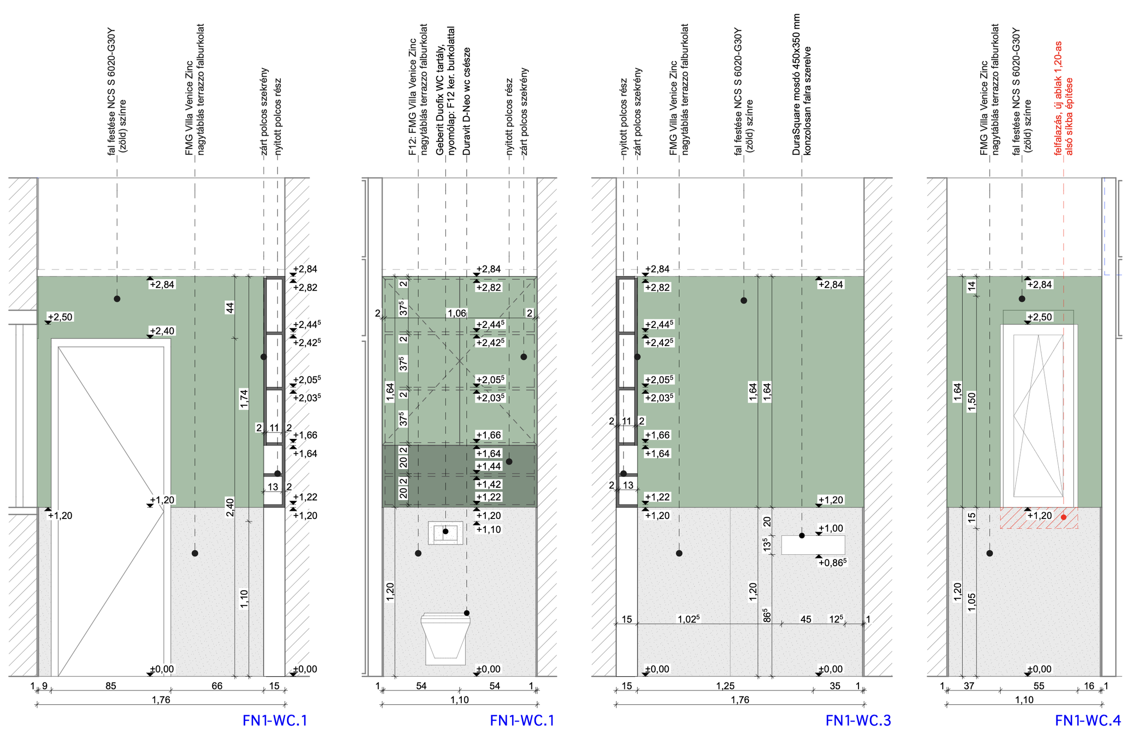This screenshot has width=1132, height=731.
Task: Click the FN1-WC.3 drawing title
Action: click(858, 720)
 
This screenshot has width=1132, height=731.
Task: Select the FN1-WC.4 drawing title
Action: click(1088, 720)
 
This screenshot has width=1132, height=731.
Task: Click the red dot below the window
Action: click(1063, 517)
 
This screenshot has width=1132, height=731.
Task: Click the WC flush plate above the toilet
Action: click(446, 533)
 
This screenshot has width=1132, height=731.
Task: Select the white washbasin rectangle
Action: click(813, 545)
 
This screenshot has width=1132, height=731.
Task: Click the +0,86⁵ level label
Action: click(832, 563)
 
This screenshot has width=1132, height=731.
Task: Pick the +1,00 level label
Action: click(831, 528)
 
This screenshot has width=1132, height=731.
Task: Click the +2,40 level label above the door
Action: click(162, 331)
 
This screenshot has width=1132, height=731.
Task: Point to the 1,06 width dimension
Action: click(457, 313)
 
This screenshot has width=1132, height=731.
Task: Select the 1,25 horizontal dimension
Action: click(725, 686)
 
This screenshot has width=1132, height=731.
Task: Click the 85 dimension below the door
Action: click(110, 686)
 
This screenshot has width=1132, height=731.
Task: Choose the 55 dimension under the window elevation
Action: click(1039, 686)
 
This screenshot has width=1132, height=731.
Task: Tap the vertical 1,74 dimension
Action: click(244, 399)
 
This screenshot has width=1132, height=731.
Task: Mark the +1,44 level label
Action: click(489, 466)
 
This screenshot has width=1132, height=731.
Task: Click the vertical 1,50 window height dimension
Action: click(972, 402)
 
